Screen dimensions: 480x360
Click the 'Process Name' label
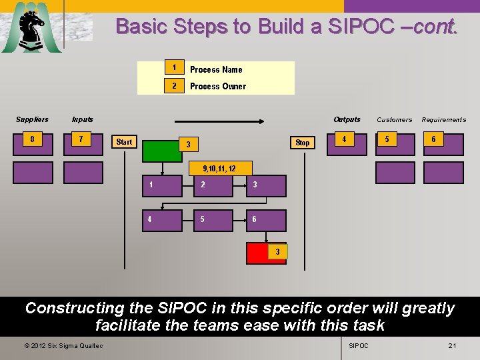[x=216, y=69]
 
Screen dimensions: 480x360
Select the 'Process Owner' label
[x=218, y=86]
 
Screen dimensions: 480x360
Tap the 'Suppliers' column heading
[x=32, y=119]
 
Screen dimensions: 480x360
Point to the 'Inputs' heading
[x=83, y=119]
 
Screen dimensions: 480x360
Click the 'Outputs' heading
[x=347, y=119]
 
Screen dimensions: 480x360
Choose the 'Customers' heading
[x=394, y=120]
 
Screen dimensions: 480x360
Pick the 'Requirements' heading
[x=443, y=120]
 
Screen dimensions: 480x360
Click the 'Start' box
[x=124, y=142]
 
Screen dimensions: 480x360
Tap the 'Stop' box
[x=302, y=143]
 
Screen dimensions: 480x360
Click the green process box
[x=162, y=151]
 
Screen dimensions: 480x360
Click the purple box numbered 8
[x=33, y=144]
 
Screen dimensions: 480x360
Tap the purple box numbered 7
[x=83, y=144]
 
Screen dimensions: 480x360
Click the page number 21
[x=452, y=345]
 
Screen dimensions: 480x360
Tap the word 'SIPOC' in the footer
[x=359, y=345]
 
